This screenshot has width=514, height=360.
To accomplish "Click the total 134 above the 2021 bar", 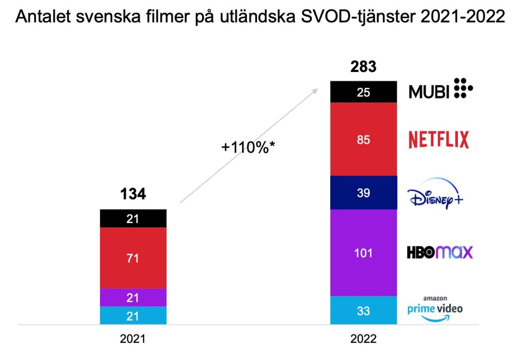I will pos(133,194).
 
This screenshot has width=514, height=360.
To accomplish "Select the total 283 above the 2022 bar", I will pos(363,67).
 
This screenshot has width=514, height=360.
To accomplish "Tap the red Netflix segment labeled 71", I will pos(133,258).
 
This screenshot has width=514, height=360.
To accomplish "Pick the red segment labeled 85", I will pos(363,139).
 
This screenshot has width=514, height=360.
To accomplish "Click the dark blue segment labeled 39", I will pos(363,193).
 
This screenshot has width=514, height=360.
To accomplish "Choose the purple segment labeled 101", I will pos(363,253).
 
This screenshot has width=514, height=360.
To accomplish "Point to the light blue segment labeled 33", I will pos(363,310).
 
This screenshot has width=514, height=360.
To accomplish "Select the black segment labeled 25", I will pos(363,92).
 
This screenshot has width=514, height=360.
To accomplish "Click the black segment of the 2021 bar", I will pos(133,219).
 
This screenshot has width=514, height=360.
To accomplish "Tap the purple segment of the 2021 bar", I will pos(133,297).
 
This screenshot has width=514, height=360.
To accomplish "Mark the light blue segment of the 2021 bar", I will pos(133,315).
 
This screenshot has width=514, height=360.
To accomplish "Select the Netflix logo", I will pos(438,140).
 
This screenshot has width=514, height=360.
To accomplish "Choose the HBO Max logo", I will pos(439,252).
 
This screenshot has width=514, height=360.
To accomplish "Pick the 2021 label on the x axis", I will pos(132,339).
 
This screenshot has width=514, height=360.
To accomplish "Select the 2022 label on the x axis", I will pos(363,339).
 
